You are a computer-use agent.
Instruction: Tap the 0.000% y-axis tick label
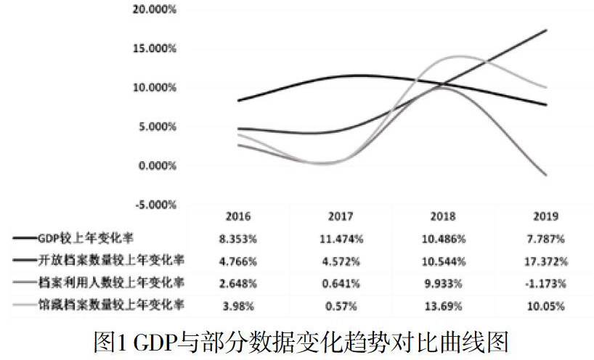pos(158,165)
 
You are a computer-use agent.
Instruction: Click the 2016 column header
pos(238,216)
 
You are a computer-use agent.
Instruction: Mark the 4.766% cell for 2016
pos(238,261)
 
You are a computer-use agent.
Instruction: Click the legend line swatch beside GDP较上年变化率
pos(24,238)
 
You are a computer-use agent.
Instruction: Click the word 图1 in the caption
pos(110,340)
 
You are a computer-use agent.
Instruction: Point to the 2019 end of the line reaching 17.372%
pos(546,30)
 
